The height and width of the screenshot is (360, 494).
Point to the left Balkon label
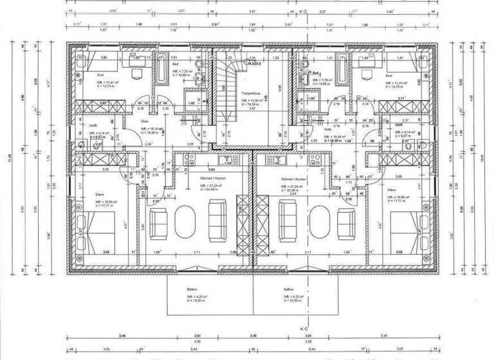pyautogui.click(x=192, y=290)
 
